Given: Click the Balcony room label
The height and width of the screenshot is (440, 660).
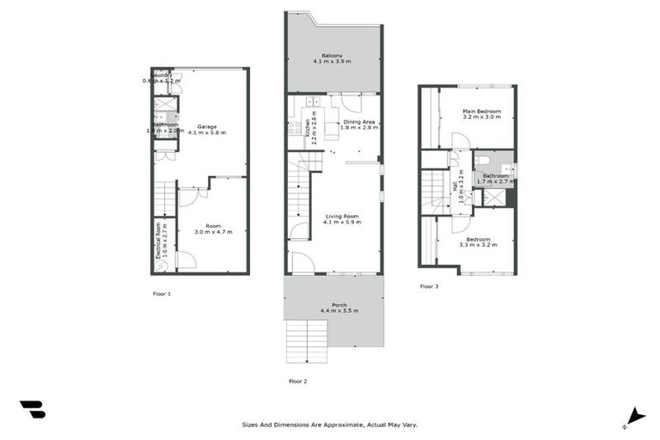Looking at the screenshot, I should pos(333,57).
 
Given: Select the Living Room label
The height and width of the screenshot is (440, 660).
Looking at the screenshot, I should pos(342,217).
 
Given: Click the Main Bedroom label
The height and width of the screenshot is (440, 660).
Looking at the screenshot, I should pos(481,112).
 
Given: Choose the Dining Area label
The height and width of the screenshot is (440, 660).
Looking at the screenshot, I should pos(361,123).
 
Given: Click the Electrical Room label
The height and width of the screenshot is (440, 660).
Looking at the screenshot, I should pos(158,241).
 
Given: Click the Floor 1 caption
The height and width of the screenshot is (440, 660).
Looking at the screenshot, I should pos(161,294).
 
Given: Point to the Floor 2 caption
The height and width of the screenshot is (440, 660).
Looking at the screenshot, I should pos(297,381).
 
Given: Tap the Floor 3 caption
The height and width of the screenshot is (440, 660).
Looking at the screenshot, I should pos(430,286).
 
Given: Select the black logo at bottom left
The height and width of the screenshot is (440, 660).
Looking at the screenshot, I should pos(32,410).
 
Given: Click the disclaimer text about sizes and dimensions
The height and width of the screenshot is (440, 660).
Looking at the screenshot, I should pos(329,425).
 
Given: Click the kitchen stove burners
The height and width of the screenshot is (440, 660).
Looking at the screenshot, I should pos(296,130).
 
